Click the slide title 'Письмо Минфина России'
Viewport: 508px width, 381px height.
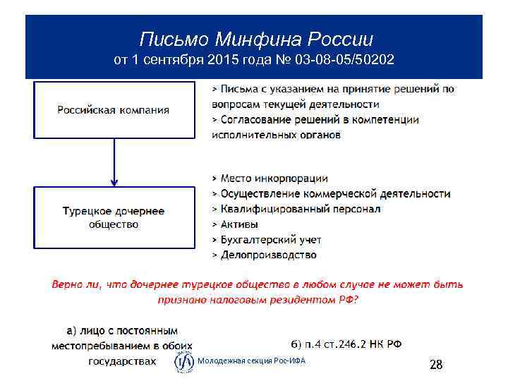255,37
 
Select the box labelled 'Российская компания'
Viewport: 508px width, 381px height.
114,110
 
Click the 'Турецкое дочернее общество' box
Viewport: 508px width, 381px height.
114,217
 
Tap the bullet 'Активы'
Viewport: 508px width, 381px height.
239,224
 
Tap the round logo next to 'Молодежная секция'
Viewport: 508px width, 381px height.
184,362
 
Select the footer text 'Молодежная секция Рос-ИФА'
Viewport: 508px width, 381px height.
251,362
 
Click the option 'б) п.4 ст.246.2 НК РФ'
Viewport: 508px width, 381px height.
346,344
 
